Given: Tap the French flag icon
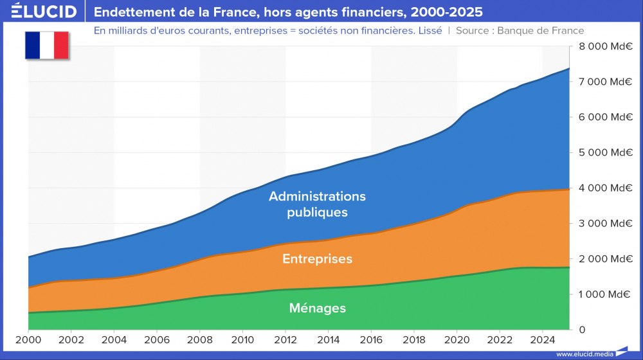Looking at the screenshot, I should pyautogui.click(x=47, y=45).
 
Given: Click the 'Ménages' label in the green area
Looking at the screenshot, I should pyautogui.click(x=318, y=309).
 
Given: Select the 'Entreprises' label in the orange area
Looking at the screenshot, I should pyautogui.click(x=318, y=259).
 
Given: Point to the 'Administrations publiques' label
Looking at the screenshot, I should pyautogui.click(x=318, y=204).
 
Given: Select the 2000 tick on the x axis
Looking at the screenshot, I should pyautogui.click(x=28, y=339).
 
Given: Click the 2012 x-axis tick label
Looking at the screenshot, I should pyautogui.click(x=285, y=339).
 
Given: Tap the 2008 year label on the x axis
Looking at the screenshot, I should pyautogui.click(x=200, y=339).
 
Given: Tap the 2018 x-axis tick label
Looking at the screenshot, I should pyautogui.click(x=414, y=339).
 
